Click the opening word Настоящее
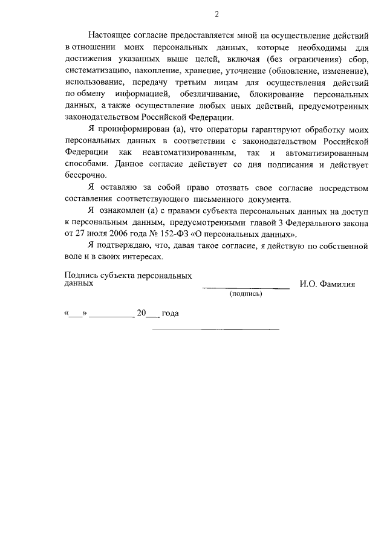[x=109, y=36]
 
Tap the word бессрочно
[x=85, y=174]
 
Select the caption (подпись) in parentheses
[x=246, y=294]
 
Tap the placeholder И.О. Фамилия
[x=327, y=283]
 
